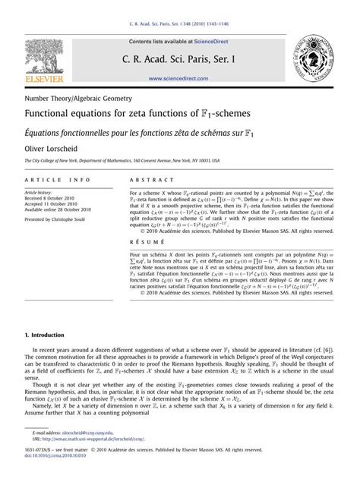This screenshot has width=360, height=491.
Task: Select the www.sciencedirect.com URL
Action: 179,78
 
